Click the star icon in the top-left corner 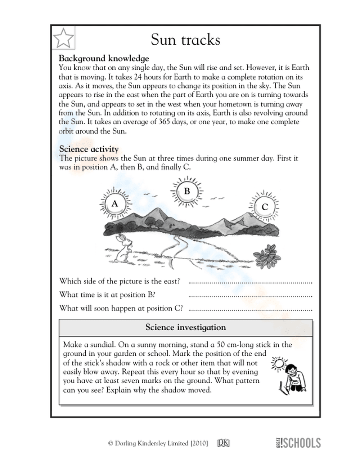point(63,37)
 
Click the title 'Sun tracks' point(185,39)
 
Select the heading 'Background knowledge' point(104,58)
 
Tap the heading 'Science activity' point(89,149)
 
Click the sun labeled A point(114,204)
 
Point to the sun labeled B point(187,191)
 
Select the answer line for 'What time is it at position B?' point(250,296)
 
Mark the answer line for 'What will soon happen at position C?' point(250,310)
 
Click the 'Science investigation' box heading point(185,327)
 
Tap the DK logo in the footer point(223,443)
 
